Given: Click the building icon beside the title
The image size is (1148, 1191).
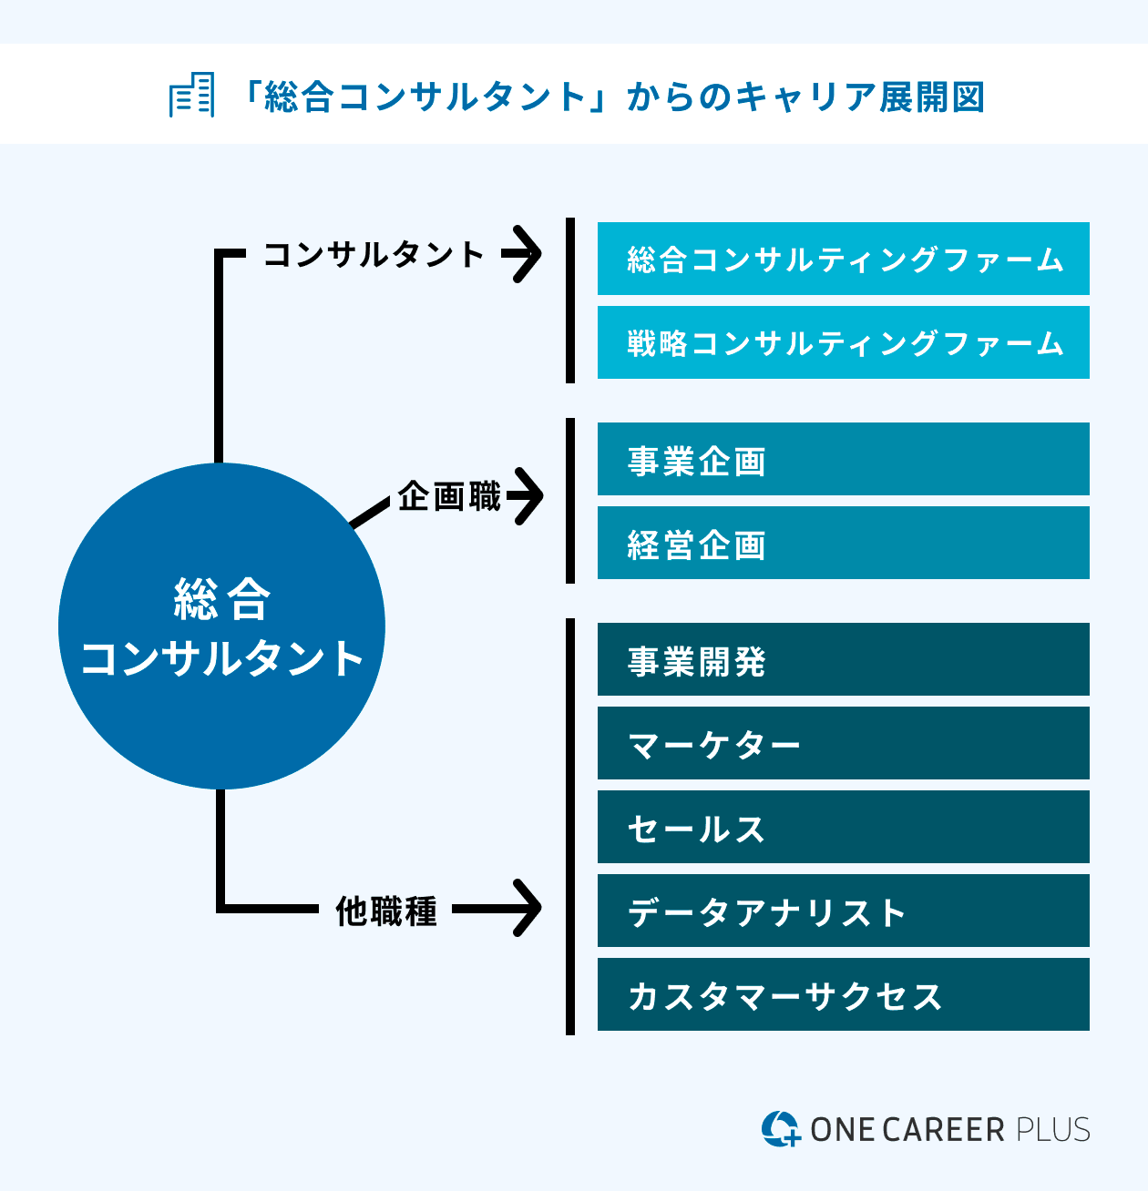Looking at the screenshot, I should [192, 95].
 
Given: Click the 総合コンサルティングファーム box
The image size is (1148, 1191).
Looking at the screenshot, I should [843, 259].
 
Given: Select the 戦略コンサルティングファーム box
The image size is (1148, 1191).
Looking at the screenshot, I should [843, 342].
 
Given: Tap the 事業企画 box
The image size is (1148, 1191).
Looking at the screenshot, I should [843, 459].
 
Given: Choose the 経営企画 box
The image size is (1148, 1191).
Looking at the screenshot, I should [843, 543].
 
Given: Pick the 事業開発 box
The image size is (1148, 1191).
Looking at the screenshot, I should [843, 659].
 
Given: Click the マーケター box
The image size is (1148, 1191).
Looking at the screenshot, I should [843, 743].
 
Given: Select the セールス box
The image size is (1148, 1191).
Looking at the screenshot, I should [843, 827].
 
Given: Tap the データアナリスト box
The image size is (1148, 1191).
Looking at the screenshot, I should [843, 911].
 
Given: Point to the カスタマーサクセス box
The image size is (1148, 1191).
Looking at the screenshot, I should [843, 994].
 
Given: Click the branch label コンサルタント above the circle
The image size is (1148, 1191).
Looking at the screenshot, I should [373, 254].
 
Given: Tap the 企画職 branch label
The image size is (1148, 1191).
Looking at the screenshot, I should [449, 497].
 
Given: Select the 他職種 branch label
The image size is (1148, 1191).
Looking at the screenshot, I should [386, 911].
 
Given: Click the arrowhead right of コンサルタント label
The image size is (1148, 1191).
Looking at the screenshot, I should [525, 254].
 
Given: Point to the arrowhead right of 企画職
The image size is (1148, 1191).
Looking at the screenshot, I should [527, 496].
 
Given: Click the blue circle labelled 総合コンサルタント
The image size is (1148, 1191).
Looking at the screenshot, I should [221, 626].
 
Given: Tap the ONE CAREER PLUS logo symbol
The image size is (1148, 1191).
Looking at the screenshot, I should [780, 1129].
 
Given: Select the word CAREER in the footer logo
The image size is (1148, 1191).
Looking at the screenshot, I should [943, 1130].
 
